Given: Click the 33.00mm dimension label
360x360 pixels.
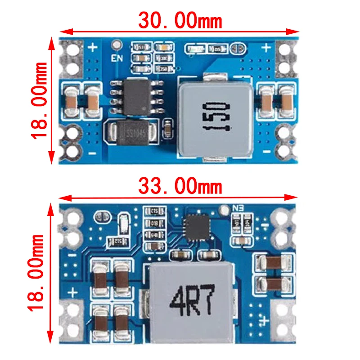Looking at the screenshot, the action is coord(180,185).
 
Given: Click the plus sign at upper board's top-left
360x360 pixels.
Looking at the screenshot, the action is coord(94,47).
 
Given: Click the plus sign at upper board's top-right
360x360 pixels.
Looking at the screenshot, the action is coord(266,47).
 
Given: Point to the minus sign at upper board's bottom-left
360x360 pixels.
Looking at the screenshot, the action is coord(93,153).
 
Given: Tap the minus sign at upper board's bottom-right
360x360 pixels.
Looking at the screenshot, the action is coord(266,152).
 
